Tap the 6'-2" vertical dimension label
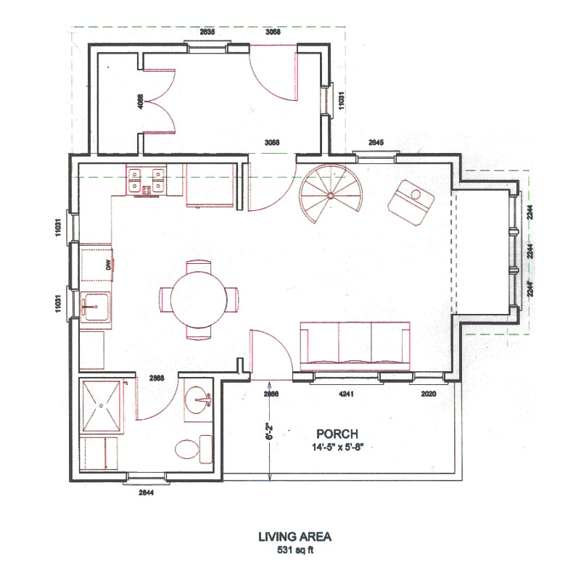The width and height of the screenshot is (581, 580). point(269,433)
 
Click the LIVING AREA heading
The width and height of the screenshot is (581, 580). point(294,537)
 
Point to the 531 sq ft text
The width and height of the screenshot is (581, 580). point(294,550)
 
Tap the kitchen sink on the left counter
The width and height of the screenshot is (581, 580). point(95,308)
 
